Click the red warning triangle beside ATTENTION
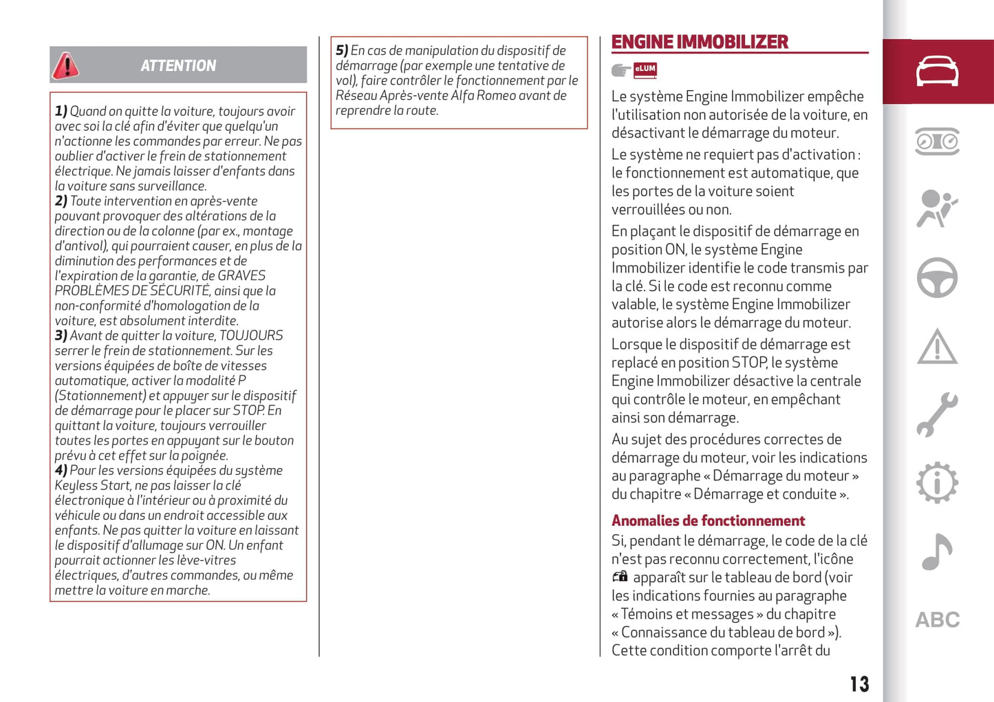click(x=66, y=65)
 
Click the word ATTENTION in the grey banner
click(x=178, y=66)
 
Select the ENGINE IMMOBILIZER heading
click(x=700, y=42)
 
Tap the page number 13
click(x=859, y=684)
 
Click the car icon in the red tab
click(x=937, y=72)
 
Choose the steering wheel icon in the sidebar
click(x=937, y=277)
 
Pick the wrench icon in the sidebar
click(x=937, y=414)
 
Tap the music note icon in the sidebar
click(x=937, y=551)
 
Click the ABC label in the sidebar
click(x=937, y=620)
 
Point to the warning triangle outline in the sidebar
click(x=937, y=346)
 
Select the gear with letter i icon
click(x=937, y=482)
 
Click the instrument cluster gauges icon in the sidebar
click(x=937, y=141)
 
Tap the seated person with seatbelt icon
click(x=937, y=209)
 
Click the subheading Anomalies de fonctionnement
click(x=708, y=521)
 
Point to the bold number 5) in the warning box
click(x=342, y=50)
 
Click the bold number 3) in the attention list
click(x=61, y=336)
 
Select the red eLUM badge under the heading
click(x=645, y=69)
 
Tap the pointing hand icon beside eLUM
click(x=621, y=70)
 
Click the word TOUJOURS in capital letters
click(x=251, y=336)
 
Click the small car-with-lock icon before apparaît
click(x=620, y=577)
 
